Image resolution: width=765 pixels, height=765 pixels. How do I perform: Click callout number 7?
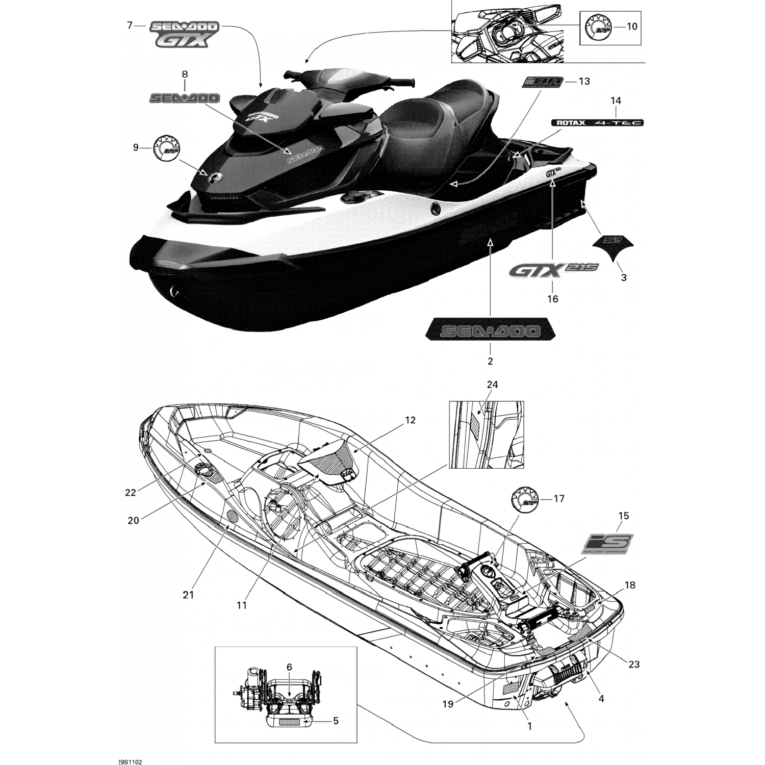point(130,25)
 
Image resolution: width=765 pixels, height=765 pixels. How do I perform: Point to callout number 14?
point(616,101)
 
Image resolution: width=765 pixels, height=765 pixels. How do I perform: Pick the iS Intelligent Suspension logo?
point(608,545)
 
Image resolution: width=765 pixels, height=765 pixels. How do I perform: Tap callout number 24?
point(493,385)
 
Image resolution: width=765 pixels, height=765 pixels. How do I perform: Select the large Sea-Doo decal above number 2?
point(490,331)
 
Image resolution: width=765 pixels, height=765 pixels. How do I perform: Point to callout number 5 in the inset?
point(336,721)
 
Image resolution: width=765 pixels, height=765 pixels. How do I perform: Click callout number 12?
point(410,420)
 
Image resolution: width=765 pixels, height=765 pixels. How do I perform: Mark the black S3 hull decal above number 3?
point(617,244)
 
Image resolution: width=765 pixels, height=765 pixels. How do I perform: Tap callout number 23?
point(634,665)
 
